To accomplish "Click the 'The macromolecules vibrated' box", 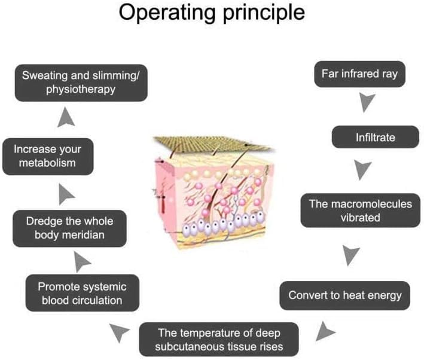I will (x=361, y=210).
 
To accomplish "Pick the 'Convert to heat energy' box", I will (x=345, y=295).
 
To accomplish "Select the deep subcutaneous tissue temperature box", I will (x=219, y=339).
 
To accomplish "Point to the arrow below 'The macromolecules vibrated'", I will (x=352, y=255).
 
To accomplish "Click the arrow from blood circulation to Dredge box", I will (x=83, y=260).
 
